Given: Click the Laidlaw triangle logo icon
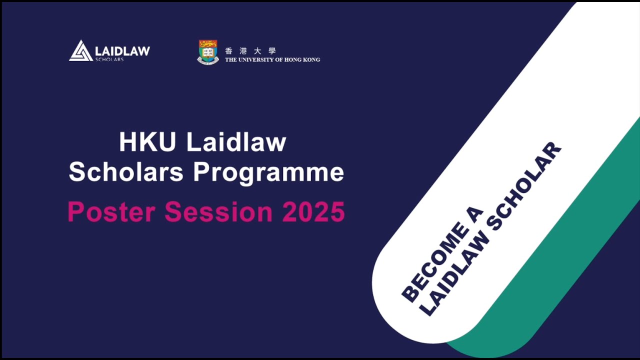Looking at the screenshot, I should point(80,51).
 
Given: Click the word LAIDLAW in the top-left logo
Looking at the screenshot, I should point(122,50).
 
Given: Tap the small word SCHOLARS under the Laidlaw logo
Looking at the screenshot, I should point(109,59).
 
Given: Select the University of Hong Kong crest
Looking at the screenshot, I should point(208,52).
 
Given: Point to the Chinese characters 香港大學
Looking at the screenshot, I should point(250,50).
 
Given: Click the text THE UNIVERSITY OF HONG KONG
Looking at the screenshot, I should point(272,60).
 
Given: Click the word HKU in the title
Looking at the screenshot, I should point(147,142).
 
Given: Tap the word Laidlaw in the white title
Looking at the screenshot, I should point(236,142).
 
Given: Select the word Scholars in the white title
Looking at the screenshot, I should point(126,172).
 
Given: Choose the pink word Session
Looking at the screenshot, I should point(218,212).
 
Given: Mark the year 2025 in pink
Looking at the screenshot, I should point(313,212).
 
